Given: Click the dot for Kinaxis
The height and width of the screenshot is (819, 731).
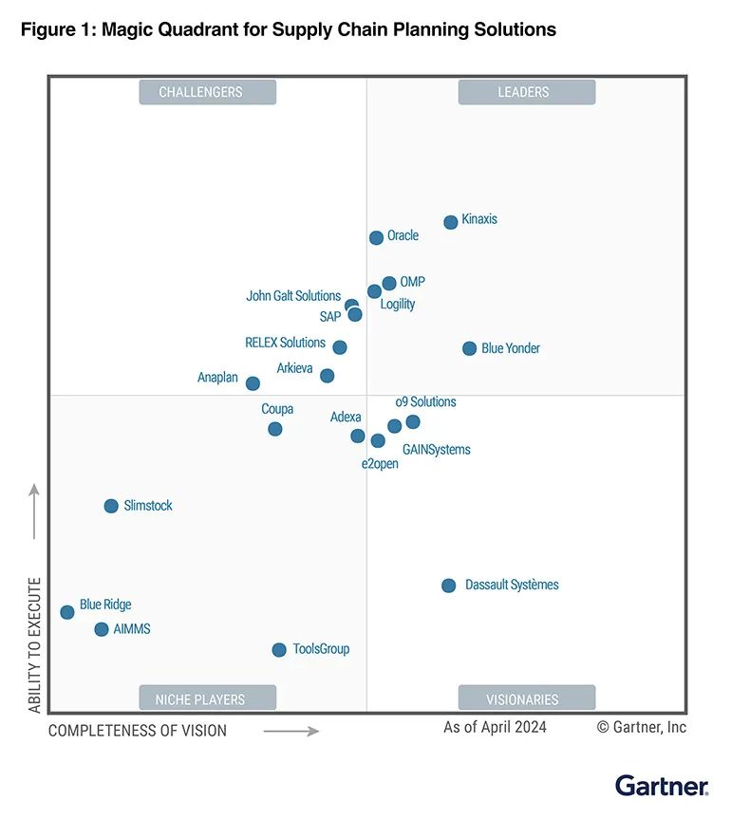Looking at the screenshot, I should coord(451,222).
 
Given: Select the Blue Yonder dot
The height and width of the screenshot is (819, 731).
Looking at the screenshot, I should coord(469,348).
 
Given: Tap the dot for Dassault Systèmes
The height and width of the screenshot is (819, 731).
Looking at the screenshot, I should coord(449,586).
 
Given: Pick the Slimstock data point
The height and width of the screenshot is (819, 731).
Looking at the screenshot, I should coord(111,506).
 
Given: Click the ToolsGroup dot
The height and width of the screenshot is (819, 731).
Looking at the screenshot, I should coord(279,650).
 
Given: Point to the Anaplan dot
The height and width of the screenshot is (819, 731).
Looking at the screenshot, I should coord(253,383).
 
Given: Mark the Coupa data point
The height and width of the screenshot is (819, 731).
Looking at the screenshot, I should coord(275,429).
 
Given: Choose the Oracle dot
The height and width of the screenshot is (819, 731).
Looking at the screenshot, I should coord(376,237).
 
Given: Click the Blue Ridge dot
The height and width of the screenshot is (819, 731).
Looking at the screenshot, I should coord(67,612).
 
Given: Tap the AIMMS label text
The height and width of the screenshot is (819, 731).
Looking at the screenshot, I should coord(132,629).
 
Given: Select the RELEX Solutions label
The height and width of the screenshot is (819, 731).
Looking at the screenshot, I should coord(285,343).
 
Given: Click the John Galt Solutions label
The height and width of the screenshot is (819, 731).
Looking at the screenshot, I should coord(293,296).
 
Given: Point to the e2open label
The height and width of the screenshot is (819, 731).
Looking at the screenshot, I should coord(380,464).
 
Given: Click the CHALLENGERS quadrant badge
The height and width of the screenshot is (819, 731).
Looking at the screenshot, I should coord(207,92).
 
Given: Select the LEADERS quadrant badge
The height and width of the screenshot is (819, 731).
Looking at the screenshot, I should coord(526,92).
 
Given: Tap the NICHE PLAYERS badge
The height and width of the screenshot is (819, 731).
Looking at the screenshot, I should coord(207,699).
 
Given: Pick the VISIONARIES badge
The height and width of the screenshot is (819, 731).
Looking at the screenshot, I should coord(526,699).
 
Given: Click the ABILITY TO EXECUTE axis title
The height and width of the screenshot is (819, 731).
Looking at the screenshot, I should coord(35,644).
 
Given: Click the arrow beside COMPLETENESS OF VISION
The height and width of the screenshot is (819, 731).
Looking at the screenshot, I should coord(291,731).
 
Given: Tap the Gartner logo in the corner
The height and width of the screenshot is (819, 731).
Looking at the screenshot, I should coord(662,786).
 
